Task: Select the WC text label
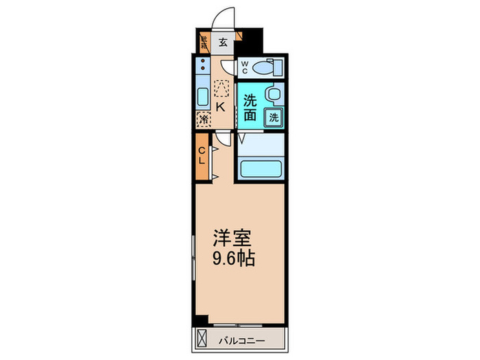click(x=244, y=68)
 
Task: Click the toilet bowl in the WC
click(x=264, y=68)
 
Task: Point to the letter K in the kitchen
click(x=220, y=107)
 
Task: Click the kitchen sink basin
click(x=204, y=95)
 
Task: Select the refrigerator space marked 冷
click(x=204, y=119)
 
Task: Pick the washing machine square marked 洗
click(x=274, y=117)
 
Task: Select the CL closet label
click(x=202, y=156)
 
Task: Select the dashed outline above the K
click(x=221, y=88)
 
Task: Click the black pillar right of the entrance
click(x=253, y=40)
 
